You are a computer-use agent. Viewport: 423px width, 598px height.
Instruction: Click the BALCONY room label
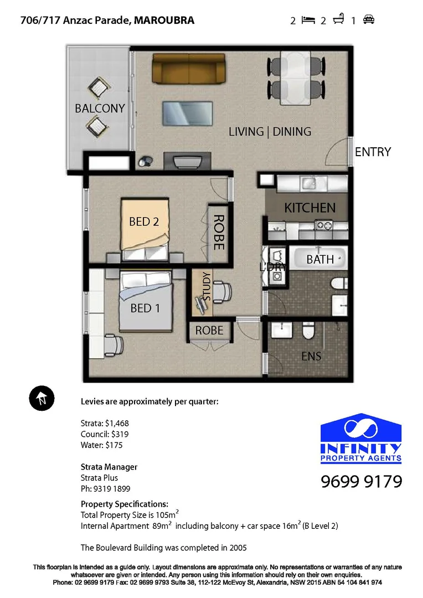(x=100, y=109)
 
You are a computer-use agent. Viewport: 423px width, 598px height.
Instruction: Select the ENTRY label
(x=373, y=152)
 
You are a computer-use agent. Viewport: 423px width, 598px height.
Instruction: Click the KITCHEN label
(x=309, y=208)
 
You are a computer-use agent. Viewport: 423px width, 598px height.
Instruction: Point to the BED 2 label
(x=144, y=221)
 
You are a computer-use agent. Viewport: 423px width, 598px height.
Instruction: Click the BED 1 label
(x=145, y=308)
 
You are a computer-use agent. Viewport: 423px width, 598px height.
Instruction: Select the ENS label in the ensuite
(x=311, y=357)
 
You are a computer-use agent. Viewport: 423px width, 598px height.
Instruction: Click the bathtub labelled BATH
(x=319, y=259)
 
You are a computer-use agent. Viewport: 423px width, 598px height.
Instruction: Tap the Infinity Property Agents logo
(x=361, y=437)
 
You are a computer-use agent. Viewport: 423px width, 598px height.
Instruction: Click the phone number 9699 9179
(x=361, y=482)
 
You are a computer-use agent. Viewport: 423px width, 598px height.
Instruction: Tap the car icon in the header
(x=369, y=20)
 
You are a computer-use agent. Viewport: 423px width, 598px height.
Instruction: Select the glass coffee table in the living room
(x=187, y=113)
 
